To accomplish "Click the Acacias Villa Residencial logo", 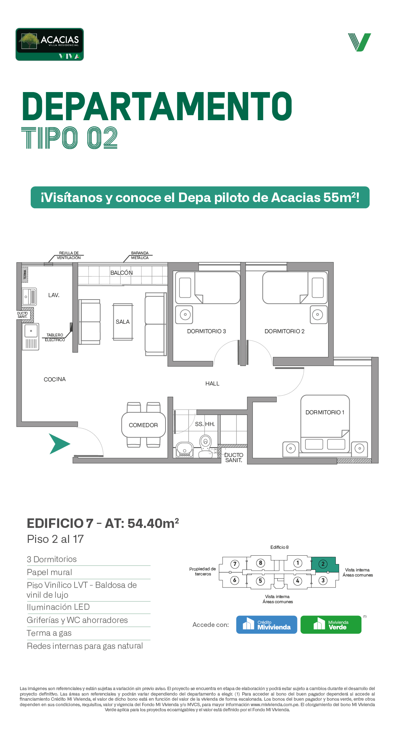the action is pos(50,44).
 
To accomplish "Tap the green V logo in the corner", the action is pos(360,42).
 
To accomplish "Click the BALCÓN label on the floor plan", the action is pos(122,273).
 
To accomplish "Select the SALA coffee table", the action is pos(123,322).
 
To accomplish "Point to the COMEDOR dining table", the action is pos(143,425).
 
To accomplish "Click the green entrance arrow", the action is pos(59,444).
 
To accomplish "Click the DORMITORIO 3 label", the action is pos(206,331).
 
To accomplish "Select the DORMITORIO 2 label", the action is pos(284,331).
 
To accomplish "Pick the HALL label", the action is pos(212,384).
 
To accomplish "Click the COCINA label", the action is pos(55,380).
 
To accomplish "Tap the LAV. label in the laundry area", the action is pos(54,295).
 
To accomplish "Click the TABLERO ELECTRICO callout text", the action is pos(55,338).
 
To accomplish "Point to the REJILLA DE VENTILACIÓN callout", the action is pos(69,255).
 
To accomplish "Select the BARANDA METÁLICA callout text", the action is pos(140,255).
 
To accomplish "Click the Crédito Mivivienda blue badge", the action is pos(267,625).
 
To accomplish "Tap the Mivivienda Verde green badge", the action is pos(331,625).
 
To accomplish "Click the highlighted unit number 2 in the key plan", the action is pos(323,564).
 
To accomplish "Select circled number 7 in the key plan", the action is pos(235,564).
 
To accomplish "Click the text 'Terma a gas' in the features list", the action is pos(49,633).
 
